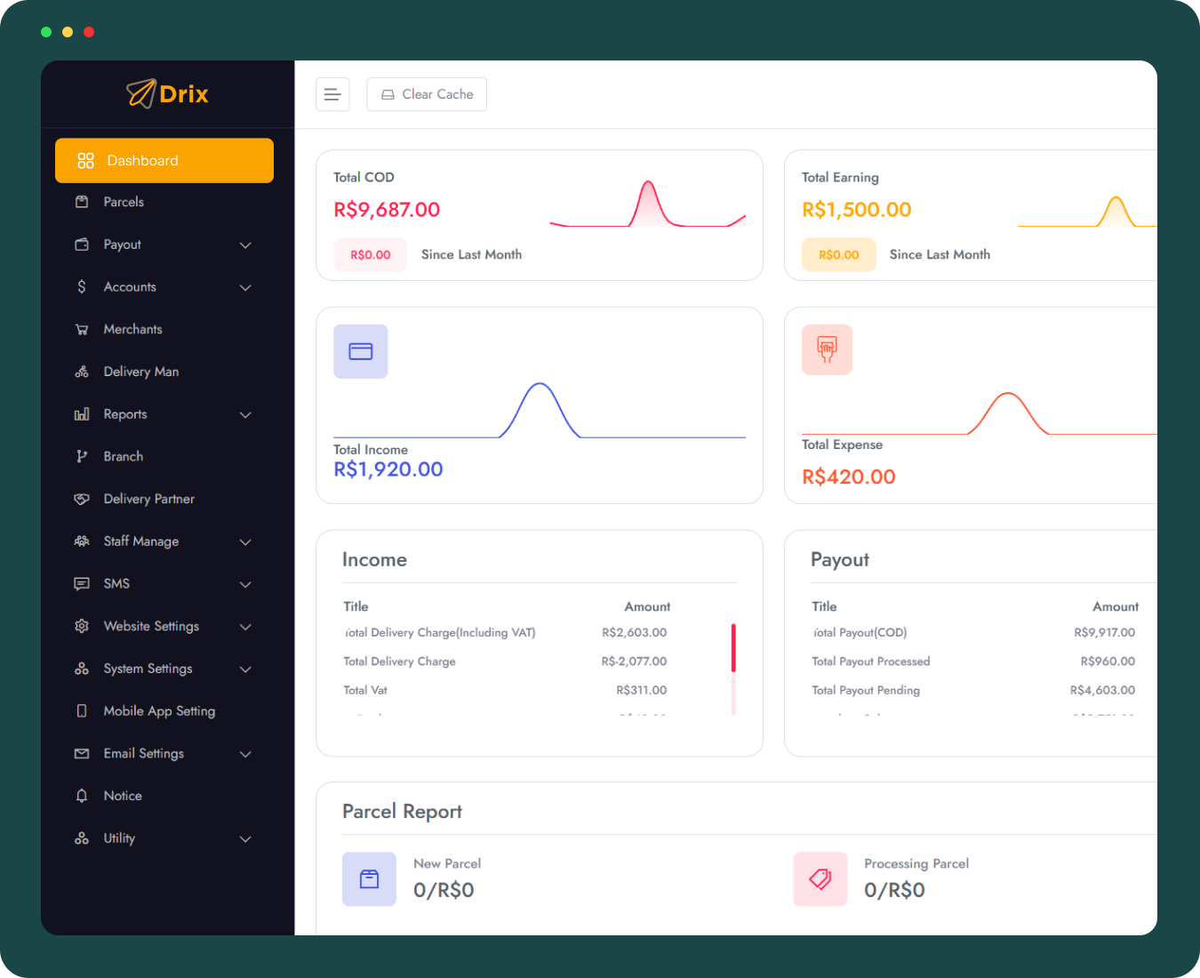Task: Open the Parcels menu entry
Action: coord(124,203)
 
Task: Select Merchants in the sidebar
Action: coord(132,330)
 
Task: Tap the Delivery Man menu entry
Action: coord(140,372)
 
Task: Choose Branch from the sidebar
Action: coord(123,457)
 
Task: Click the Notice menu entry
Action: coord(123,796)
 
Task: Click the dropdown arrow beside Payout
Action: coord(245,245)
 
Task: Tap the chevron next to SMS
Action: coord(245,584)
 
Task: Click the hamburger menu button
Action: coord(332,94)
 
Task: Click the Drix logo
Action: coord(167,93)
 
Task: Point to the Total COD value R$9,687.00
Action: coord(387,210)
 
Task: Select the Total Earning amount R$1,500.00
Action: coord(856,210)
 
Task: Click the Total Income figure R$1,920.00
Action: coord(388,469)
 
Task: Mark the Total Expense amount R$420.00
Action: coord(848,477)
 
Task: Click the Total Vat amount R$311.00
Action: coord(641,690)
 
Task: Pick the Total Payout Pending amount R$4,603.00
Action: coord(1102,690)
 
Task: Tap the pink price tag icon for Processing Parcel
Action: coord(820,879)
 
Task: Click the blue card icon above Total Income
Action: coord(361,352)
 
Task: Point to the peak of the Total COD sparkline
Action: coord(649,183)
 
